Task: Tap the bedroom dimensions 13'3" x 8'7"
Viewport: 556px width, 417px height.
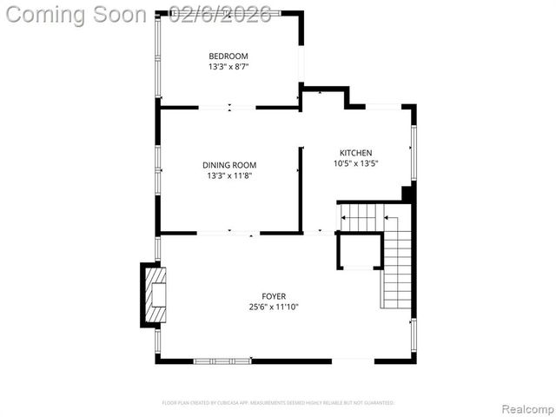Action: click(x=228, y=66)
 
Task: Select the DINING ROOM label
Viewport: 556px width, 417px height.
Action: click(x=229, y=164)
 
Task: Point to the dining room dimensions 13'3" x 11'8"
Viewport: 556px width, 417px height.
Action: click(x=229, y=175)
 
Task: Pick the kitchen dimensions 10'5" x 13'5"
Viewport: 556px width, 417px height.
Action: click(x=355, y=162)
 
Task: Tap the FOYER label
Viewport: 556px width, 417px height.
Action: click(x=274, y=295)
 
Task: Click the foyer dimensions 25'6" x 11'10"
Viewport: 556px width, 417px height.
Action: click(x=274, y=307)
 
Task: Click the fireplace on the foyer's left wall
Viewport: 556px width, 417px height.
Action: click(x=155, y=295)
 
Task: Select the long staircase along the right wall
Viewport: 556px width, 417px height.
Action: click(x=396, y=261)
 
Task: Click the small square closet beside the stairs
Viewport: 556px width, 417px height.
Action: click(x=359, y=252)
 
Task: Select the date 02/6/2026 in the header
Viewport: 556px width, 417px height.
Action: click(x=222, y=14)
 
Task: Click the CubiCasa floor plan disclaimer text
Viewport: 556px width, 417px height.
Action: click(x=278, y=403)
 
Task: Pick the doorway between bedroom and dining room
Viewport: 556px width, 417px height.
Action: click(x=228, y=108)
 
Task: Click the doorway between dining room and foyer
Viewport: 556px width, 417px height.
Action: click(x=229, y=233)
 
